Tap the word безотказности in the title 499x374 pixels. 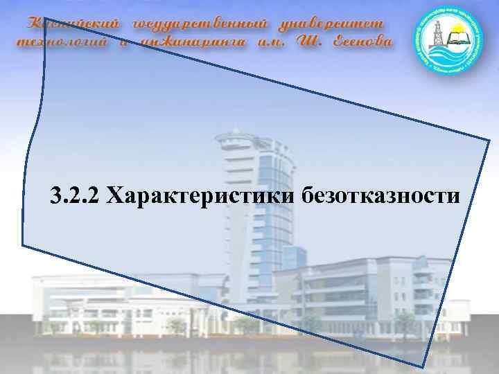pos(380,195)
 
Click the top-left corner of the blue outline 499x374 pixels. pos(44,19)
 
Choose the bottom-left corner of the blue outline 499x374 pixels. pos(23,245)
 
